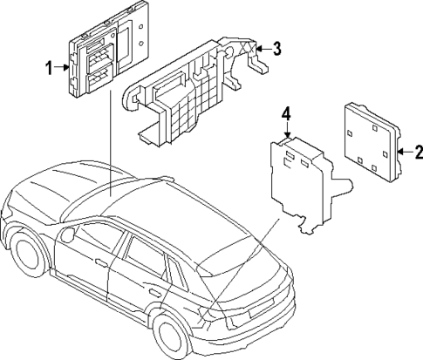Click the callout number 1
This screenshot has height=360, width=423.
(50, 65)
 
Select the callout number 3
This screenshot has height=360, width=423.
(276, 49)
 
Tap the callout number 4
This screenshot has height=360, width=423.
(285, 114)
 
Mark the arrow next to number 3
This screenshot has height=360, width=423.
(264, 49)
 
